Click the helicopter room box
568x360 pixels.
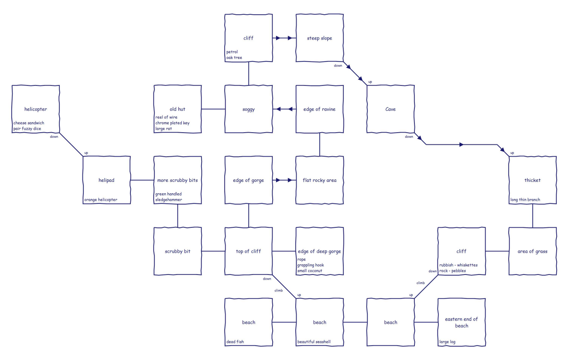tap(36, 109)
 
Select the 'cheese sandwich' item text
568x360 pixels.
tap(29, 123)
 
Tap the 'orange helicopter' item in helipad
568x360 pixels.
tap(101, 200)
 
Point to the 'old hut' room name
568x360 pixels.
tap(178, 109)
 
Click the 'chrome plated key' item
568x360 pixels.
tap(173, 123)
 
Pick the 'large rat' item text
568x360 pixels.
tap(164, 128)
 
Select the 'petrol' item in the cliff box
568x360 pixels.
tap(232, 52)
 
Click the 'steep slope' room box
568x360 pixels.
tap(319, 38)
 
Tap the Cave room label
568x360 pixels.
tap(390, 109)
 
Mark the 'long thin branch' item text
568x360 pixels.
tap(525, 200)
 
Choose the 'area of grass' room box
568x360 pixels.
tap(533, 251)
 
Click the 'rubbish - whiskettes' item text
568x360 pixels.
tap(459, 265)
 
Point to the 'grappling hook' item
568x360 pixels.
tap(311, 265)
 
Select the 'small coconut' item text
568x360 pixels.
tap(310, 271)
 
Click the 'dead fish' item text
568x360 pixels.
tap(235, 342)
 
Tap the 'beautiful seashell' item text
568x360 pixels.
tap(314, 342)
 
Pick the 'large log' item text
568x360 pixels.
tap(447, 342)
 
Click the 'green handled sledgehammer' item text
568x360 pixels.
tap(169, 197)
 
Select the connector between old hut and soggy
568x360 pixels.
tap(213, 109)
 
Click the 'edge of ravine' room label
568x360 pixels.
tap(319, 109)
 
